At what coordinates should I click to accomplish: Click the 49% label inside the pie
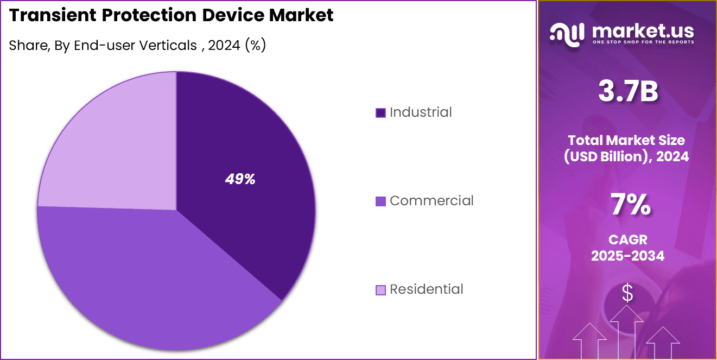[240, 179]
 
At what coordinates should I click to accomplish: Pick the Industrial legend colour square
[380, 113]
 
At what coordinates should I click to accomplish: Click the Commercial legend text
[432, 201]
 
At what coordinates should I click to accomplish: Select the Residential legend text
[427, 289]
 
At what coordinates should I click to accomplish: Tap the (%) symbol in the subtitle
[255, 46]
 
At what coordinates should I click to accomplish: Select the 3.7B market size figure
[628, 91]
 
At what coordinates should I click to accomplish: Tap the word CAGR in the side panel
[628, 239]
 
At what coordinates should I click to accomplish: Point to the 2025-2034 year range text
[628, 256]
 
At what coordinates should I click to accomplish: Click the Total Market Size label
[628, 140]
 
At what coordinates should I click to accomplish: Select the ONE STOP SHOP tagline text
[643, 42]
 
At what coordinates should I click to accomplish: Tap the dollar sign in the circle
[627, 294]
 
